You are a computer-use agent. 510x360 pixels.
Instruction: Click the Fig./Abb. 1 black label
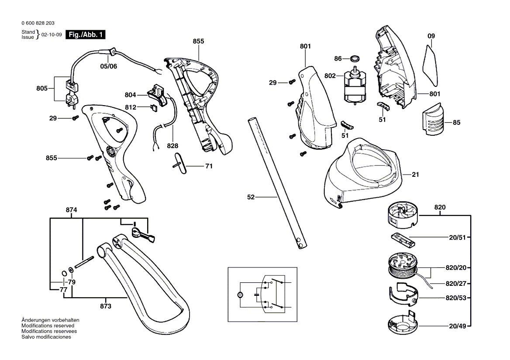[x=85, y=35]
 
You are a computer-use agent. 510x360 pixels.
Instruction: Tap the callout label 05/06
[x=109, y=66]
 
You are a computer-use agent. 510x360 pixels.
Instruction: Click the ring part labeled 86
[x=356, y=58]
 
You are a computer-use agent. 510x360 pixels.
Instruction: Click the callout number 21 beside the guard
[x=415, y=175]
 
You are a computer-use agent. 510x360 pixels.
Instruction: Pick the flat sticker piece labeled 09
[x=430, y=65]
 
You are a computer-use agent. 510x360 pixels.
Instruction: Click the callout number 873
[x=106, y=306]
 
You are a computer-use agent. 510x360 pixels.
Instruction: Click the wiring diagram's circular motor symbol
[x=239, y=295]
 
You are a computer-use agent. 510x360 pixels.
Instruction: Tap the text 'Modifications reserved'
[x=48, y=326]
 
